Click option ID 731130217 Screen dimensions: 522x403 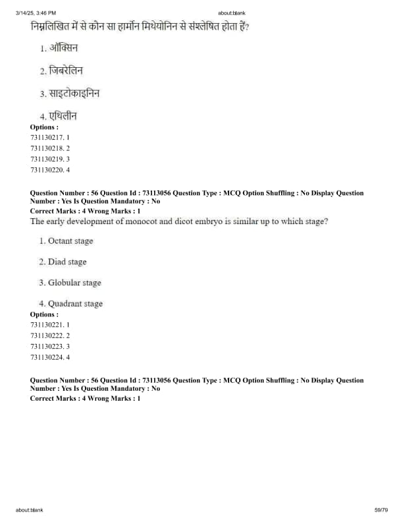coord(50,137)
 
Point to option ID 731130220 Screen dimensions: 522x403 coord(50,169)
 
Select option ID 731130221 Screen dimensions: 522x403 coord(50,325)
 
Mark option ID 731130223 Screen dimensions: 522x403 coord(50,346)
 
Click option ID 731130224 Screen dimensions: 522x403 coord(50,357)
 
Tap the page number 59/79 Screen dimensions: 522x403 coord(381,509)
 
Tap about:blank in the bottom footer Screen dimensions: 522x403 coord(30,509)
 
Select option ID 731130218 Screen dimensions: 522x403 coord(50,148)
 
